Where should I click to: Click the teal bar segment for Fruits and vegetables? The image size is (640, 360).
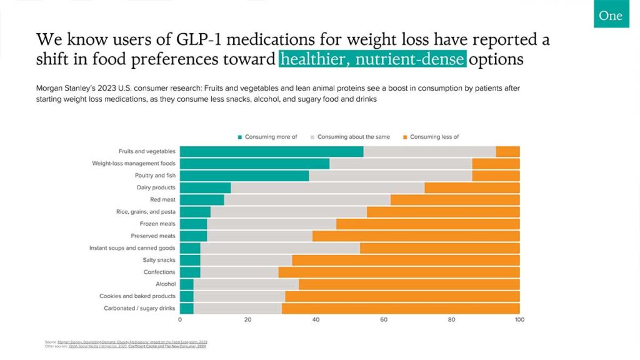point(271,151)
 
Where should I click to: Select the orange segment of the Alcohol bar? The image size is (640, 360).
point(409,284)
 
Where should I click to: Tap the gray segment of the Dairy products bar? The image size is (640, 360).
point(327,187)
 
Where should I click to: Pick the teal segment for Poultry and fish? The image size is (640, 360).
point(244,176)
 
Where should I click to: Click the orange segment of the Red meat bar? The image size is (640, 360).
point(455,200)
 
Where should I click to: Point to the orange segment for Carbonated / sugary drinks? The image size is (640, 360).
point(401,309)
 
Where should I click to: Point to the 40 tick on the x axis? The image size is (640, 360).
point(316,320)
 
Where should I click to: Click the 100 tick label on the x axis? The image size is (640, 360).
point(519,320)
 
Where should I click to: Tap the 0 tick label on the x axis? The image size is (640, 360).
point(180,320)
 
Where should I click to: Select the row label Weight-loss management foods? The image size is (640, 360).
point(134,164)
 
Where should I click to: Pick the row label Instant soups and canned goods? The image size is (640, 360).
point(132,248)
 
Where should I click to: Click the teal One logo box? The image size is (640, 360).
point(611,15)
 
